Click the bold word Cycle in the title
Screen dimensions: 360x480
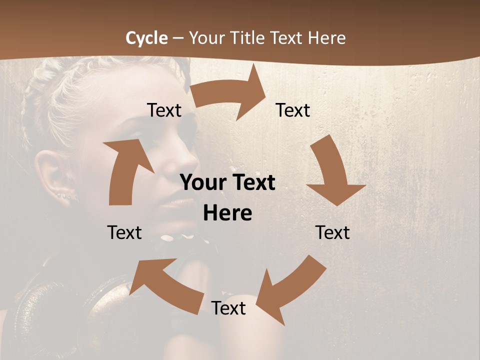pyautogui.click(x=146, y=38)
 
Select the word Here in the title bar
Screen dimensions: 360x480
pyautogui.click(x=326, y=38)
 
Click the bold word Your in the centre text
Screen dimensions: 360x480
pyautogui.click(x=201, y=183)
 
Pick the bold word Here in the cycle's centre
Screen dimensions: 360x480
pyautogui.click(x=227, y=213)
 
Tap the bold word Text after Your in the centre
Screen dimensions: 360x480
pyautogui.click(x=252, y=183)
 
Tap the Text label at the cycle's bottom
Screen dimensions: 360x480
pyautogui.click(x=228, y=308)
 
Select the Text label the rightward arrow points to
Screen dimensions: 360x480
pyautogui.click(x=293, y=110)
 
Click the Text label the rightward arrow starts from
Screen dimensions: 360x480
pyautogui.click(x=164, y=110)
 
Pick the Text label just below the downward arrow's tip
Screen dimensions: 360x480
pyautogui.click(x=332, y=232)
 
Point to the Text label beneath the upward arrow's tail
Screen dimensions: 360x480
pyautogui.click(x=124, y=232)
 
